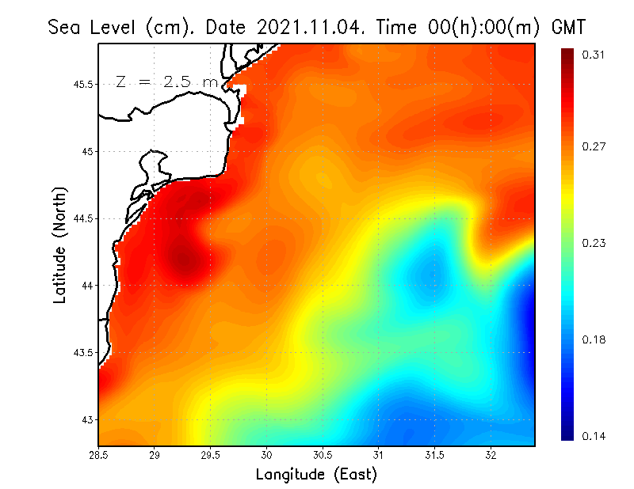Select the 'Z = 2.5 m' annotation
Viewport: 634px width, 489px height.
click(166, 81)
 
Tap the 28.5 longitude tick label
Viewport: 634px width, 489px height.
click(99, 455)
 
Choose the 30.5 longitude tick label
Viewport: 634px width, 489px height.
click(323, 455)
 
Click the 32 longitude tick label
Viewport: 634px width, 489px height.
click(491, 455)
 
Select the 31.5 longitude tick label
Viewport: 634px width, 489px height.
click(434, 455)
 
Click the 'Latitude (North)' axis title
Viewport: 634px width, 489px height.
click(59, 244)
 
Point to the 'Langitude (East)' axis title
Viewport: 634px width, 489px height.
click(316, 474)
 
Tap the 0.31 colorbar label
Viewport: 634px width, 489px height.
click(594, 54)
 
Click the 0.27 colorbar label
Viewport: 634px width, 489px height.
click(594, 146)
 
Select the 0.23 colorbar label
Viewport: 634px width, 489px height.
click(594, 243)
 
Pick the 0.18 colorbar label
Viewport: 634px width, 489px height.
click(594, 340)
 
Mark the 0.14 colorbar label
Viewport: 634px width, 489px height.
click(594, 436)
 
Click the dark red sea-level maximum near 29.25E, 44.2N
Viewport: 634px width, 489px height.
click(184, 257)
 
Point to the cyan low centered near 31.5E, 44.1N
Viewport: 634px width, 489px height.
click(433, 274)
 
